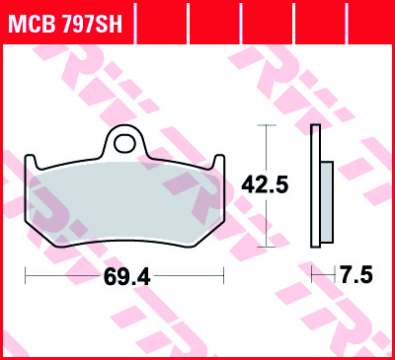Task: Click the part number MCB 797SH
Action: pyautogui.click(x=66, y=24)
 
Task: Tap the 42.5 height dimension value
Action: pyautogui.click(x=265, y=184)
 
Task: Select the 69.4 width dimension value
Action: pyautogui.click(x=127, y=277)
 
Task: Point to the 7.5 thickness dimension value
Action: pyautogui.click(x=356, y=274)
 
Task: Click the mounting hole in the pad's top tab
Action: pyautogui.click(x=124, y=143)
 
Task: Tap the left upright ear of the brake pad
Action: pyautogui.click(x=30, y=162)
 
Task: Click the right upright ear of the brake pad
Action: pyautogui.click(x=219, y=162)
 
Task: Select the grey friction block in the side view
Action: pyautogui.click(x=327, y=202)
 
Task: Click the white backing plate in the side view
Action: pyautogui.click(x=316, y=185)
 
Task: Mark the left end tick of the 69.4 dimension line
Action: pyautogui.click(x=26, y=275)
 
